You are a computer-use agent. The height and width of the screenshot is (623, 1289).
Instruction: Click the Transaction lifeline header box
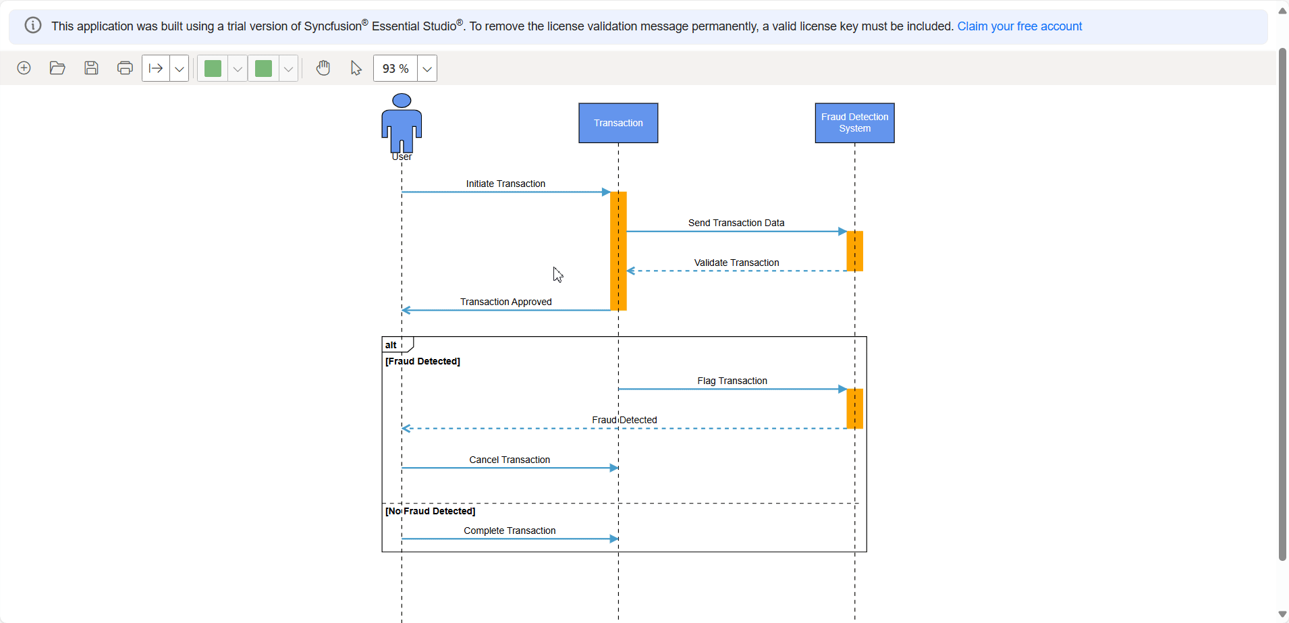click(x=618, y=123)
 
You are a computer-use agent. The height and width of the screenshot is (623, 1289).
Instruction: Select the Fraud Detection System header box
click(x=854, y=123)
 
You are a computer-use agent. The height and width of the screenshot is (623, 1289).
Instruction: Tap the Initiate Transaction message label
click(x=505, y=184)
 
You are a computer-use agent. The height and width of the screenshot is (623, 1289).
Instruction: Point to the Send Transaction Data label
click(x=736, y=223)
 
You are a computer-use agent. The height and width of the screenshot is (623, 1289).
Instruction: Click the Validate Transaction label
click(x=736, y=263)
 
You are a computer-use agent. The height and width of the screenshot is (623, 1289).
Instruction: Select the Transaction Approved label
click(x=505, y=302)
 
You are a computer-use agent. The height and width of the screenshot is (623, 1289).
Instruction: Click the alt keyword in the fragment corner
click(x=391, y=345)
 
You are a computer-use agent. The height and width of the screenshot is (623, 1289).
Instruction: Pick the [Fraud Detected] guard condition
click(x=422, y=361)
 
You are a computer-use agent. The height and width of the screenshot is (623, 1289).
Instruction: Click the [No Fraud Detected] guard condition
click(x=430, y=511)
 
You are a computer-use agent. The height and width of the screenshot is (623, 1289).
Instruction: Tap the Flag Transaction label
click(x=732, y=381)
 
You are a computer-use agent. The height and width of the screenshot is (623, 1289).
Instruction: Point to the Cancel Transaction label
click(x=510, y=460)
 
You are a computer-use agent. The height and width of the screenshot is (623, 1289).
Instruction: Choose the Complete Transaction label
click(x=510, y=531)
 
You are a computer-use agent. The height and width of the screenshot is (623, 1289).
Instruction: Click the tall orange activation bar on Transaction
click(x=618, y=250)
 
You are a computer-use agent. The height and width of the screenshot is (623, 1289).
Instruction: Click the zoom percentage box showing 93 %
click(x=395, y=68)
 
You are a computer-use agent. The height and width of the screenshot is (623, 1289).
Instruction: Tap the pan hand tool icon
click(x=323, y=68)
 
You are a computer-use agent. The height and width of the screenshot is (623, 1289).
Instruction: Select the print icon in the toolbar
click(x=125, y=68)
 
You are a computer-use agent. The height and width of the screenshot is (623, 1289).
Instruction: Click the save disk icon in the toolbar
click(x=91, y=68)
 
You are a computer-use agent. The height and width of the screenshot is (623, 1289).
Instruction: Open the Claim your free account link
click(x=1019, y=26)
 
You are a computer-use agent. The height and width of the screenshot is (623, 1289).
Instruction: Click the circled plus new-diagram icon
click(x=24, y=68)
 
